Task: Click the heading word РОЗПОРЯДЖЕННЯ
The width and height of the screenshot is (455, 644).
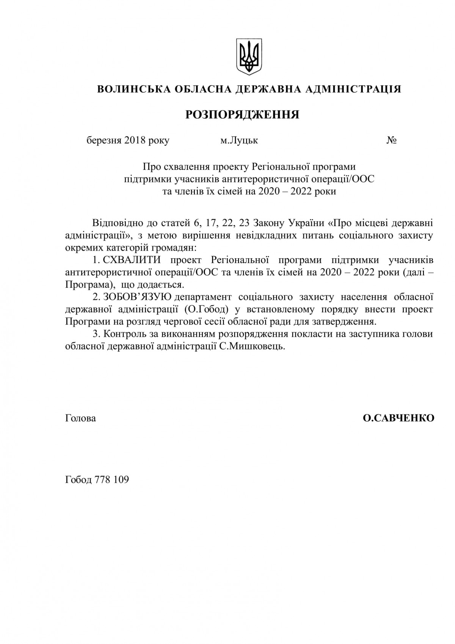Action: tap(242, 115)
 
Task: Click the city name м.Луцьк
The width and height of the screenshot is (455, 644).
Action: tap(239, 141)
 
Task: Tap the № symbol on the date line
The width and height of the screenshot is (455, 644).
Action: tap(392, 141)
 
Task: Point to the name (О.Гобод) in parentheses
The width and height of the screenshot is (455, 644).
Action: tap(207, 309)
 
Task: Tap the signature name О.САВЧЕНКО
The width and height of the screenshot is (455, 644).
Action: tap(399, 418)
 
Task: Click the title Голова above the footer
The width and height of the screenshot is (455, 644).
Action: tap(81, 418)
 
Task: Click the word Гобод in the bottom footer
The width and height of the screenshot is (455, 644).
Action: tap(78, 480)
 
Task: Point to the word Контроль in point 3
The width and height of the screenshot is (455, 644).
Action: tap(122, 334)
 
